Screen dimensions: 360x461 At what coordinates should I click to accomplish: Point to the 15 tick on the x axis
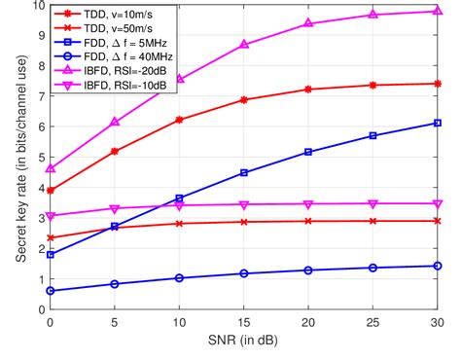point(244,322)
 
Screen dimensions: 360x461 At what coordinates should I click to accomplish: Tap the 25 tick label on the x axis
point(374,322)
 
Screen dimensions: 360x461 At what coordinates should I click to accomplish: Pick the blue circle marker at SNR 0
point(50,291)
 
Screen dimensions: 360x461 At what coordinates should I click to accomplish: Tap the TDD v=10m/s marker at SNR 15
point(244,99)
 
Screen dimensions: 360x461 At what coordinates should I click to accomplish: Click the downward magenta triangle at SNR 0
point(50,216)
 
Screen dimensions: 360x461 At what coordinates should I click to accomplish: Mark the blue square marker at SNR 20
point(309,152)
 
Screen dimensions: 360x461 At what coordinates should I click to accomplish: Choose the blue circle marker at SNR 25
point(374,268)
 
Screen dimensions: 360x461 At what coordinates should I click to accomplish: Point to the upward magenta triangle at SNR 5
point(115,122)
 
